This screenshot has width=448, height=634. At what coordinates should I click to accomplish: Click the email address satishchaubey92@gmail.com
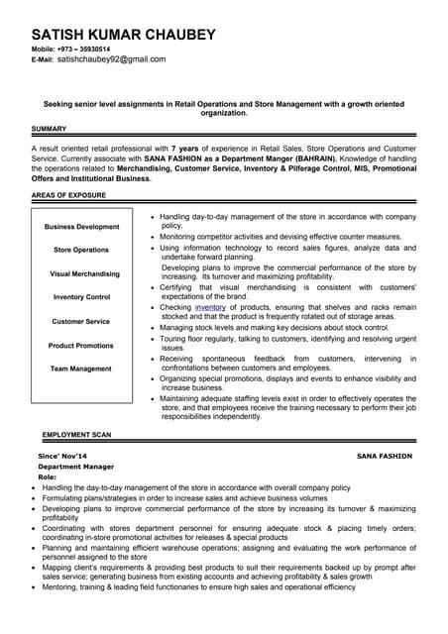(112, 59)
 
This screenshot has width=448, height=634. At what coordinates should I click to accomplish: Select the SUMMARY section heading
(50, 129)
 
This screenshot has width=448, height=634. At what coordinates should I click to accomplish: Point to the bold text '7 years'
(184, 147)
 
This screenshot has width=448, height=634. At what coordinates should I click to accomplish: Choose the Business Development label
(82, 227)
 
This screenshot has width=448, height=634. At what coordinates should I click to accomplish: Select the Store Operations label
(82, 250)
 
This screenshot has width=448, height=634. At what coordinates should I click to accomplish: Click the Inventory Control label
(82, 297)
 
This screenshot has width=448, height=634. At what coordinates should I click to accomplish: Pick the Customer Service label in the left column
(82, 321)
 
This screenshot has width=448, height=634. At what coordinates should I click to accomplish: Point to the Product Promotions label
(82, 345)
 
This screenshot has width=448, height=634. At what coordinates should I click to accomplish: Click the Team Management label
(82, 369)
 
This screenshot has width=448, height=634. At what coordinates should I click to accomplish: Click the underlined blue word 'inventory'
(210, 307)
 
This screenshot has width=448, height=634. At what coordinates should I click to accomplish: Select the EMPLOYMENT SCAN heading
(77, 435)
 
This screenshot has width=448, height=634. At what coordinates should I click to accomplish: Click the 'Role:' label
(48, 476)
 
